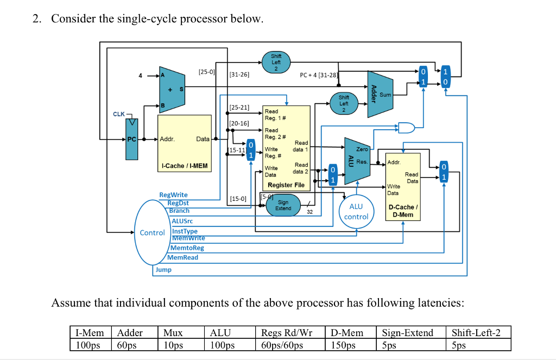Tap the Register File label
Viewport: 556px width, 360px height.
click(x=286, y=185)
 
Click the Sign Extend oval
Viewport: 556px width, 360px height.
click(x=283, y=205)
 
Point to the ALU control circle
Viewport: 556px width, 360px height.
click(x=356, y=211)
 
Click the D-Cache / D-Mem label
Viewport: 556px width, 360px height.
click(x=402, y=211)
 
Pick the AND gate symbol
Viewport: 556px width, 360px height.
click(x=406, y=128)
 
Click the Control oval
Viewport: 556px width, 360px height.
click(x=151, y=232)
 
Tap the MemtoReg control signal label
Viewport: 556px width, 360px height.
click(x=187, y=248)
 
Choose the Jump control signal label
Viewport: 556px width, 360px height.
click(x=163, y=269)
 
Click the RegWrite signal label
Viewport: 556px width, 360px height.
click(x=173, y=195)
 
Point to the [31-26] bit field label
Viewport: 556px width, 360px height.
click(x=239, y=74)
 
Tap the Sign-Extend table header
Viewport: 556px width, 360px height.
click(x=407, y=333)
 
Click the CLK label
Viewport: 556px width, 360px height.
click(x=119, y=114)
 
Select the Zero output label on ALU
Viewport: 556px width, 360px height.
click(x=362, y=149)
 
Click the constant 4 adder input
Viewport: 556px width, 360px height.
click(x=140, y=76)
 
